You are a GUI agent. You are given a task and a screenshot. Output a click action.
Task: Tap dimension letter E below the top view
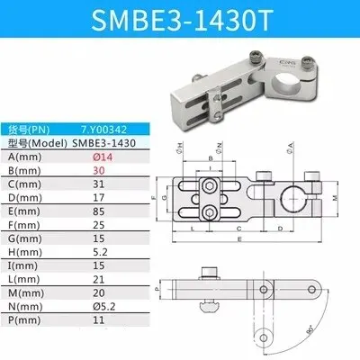[238, 239]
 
